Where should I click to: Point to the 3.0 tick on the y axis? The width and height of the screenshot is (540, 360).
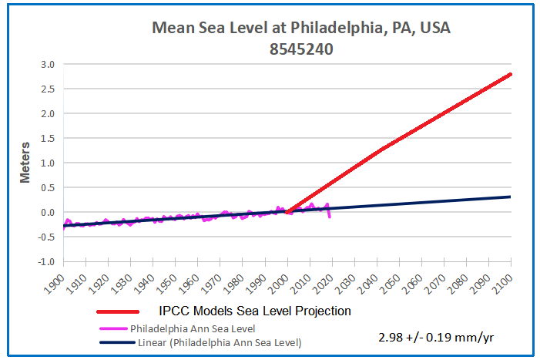pyautogui.click(x=47, y=65)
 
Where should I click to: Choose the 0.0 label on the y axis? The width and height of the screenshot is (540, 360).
pyautogui.click(x=47, y=213)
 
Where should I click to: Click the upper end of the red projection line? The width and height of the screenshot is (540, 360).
pyautogui.click(x=511, y=75)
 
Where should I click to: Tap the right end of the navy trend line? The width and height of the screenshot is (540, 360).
pyautogui.click(x=511, y=197)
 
